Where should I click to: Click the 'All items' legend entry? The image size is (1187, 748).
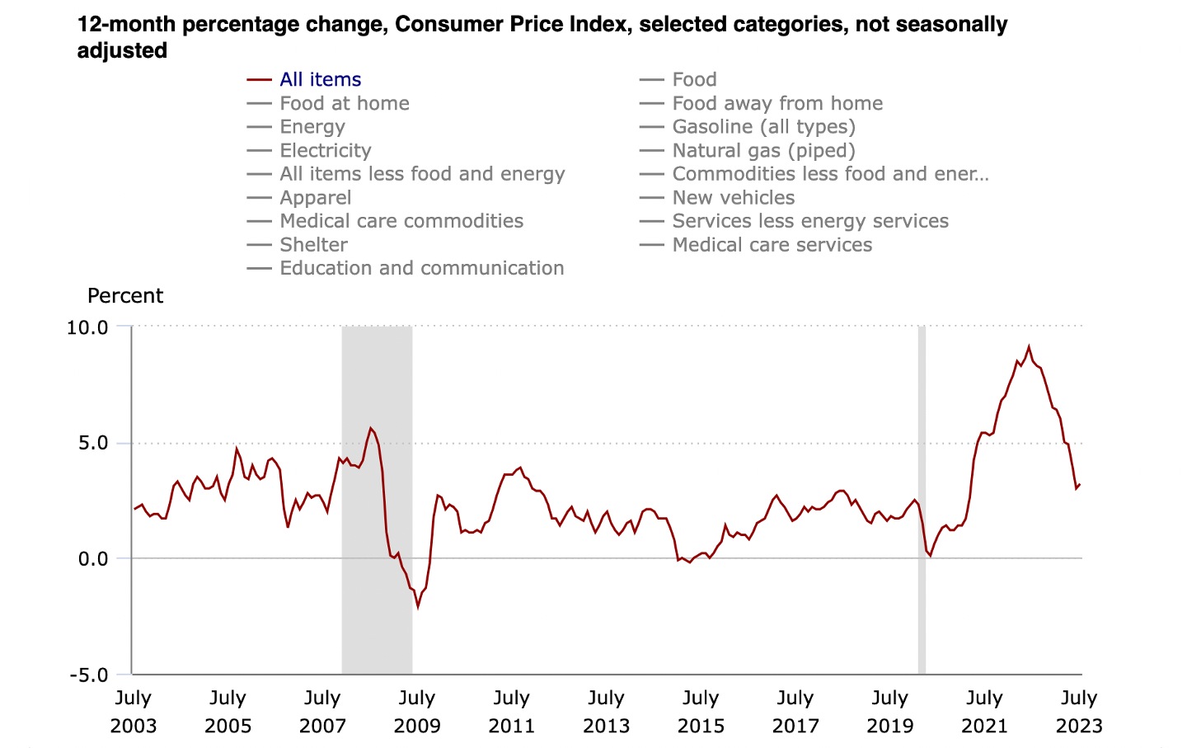tap(320, 80)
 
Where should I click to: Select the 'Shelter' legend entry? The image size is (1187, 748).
tap(313, 245)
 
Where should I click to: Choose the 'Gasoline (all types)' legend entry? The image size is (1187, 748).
tap(763, 127)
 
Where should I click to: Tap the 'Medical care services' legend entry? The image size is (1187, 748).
tap(772, 245)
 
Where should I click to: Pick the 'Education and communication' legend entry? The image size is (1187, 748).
tap(421, 269)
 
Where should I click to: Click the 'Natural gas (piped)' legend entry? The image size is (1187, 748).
tap(763, 151)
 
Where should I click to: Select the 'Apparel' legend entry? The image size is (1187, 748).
tap(315, 198)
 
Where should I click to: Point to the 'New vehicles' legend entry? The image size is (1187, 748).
tap(733, 198)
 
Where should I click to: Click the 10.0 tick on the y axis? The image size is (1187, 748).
tap(87, 327)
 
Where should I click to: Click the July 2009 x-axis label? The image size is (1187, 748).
tap(417, 712)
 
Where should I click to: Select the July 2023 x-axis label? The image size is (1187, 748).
tap(1079, 712)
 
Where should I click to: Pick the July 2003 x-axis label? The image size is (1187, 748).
tap(134, 712)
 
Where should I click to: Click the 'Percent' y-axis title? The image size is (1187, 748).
tap(125, 296)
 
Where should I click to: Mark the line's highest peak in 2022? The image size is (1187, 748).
tap(1029, 347)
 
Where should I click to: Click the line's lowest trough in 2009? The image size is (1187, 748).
tap(418, 607)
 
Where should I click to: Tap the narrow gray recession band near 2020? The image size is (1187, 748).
tap(922, 495)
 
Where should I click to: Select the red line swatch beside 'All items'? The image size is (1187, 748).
tap(259, 80)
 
